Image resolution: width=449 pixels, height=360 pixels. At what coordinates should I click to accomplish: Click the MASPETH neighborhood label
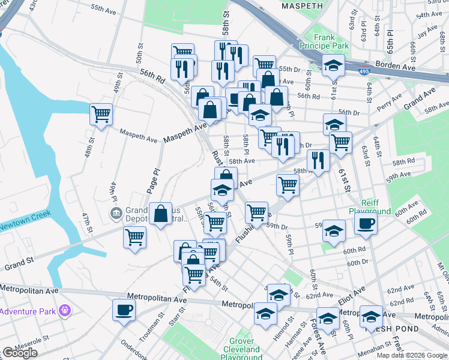click(303, 6)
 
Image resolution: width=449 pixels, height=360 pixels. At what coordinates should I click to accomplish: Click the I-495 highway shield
click(364, 71)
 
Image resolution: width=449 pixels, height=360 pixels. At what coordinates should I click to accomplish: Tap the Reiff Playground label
click(370, 207)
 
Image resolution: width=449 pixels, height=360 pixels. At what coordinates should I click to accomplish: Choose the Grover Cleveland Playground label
click(241, 349)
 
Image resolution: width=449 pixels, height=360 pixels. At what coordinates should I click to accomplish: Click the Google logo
click(20, 353)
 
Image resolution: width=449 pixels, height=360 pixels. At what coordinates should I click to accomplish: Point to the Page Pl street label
click(154, 180)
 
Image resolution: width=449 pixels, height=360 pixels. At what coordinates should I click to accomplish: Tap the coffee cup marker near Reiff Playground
click(366, 224)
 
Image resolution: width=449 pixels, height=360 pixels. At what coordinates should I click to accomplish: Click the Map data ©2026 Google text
click(412, 355)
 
